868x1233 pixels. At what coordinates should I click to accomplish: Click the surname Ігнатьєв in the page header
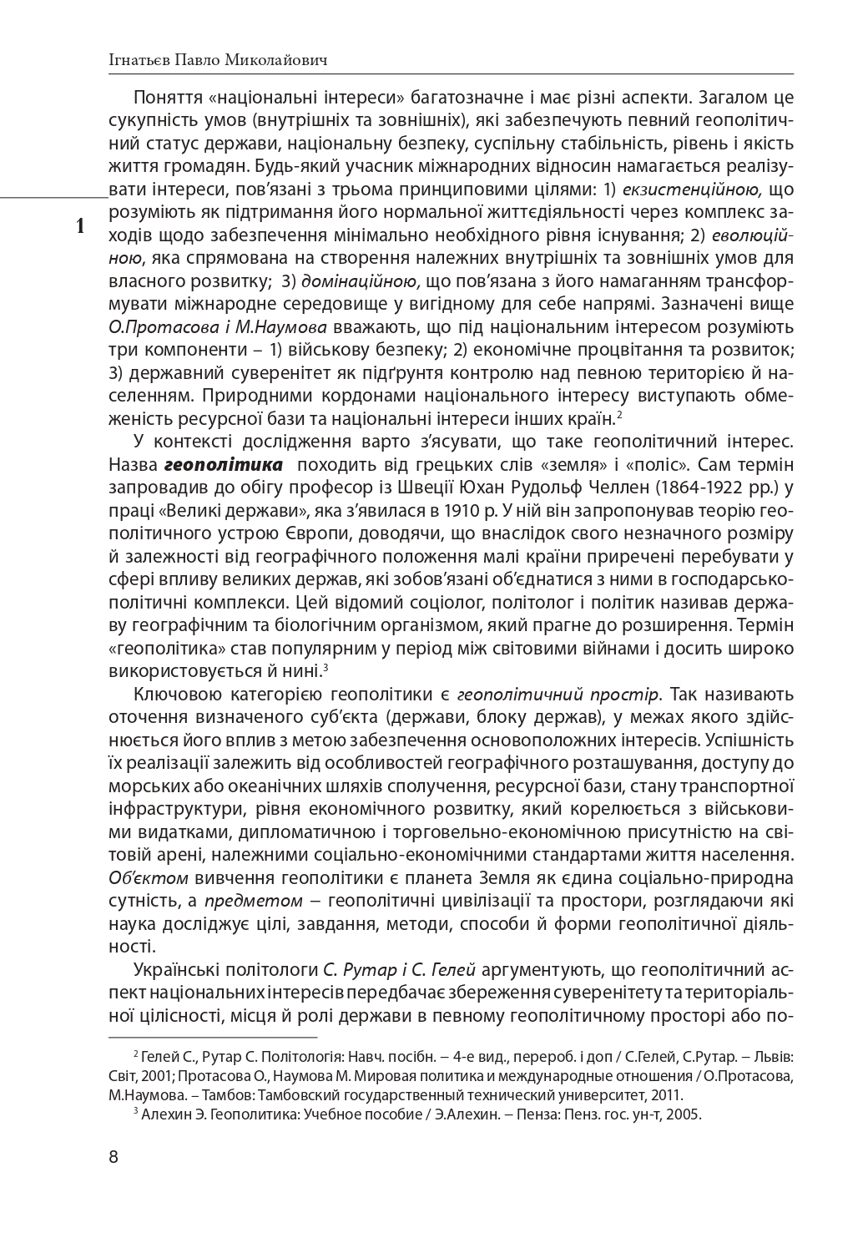(138, 59)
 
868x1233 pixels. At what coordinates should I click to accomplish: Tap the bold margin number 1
(80, 225)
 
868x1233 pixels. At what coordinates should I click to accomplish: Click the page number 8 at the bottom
(114, 1157)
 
